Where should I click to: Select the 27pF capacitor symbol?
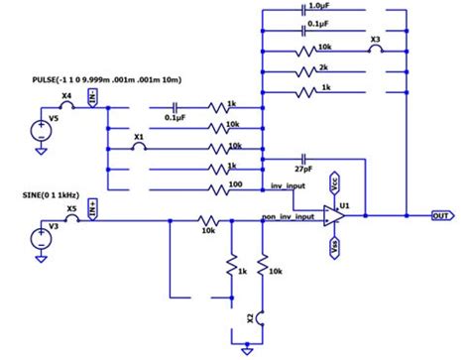point(304,159)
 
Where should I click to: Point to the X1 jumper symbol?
point(140,144)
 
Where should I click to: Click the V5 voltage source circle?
point(40,129)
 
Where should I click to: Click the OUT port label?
point(442,213)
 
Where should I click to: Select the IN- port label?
point(92,96)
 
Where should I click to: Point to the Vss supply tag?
point(336,245)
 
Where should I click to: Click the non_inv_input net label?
point(289,215)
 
